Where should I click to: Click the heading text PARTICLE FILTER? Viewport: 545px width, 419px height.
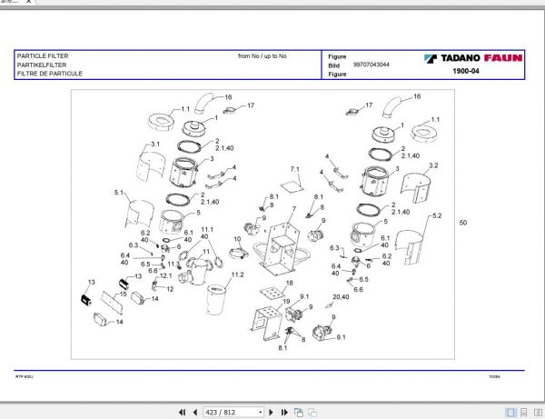pos(42,55)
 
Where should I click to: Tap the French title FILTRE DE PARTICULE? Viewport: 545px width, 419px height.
pos(50,73)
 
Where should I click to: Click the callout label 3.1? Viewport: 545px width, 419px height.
pos(155,145)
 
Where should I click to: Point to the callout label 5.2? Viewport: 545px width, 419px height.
pos(437,215)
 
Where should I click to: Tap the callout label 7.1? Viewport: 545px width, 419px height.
pos(294,170)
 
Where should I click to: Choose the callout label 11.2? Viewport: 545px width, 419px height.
pos(238,274)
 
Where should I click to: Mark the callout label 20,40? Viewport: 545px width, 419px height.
pos(341,296)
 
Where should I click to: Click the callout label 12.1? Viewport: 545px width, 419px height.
pos(165,275)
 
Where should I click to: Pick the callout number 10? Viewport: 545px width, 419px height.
pos(237,239)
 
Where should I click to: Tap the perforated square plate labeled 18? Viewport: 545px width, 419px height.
pos(270,295)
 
